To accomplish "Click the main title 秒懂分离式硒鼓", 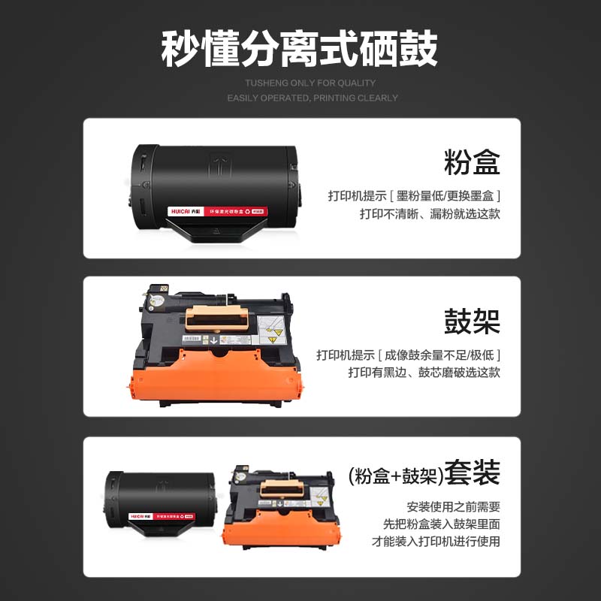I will (300, 50).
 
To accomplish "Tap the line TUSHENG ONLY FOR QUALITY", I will (310, 83).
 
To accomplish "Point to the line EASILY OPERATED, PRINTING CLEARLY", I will (313, 98).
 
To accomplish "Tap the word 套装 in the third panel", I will (472, 475).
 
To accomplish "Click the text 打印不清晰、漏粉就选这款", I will (430, 213).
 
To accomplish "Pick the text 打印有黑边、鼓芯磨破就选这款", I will (424, 373).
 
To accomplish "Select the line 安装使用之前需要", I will (453, 506).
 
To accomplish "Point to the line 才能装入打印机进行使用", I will (436, 541).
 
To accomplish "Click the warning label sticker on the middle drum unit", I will (270, 329).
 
